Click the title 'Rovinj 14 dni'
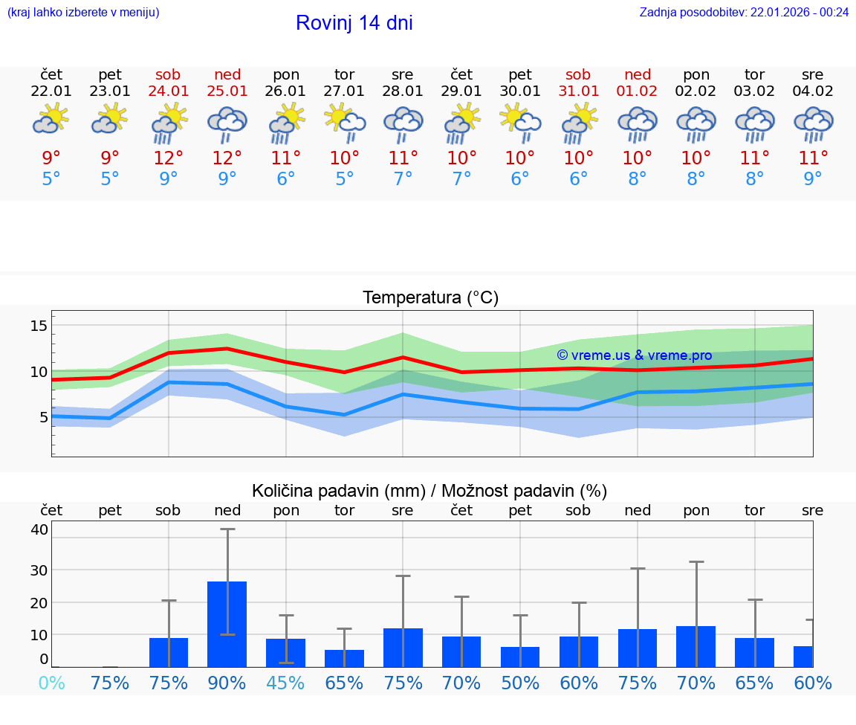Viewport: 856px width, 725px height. coord(354,23)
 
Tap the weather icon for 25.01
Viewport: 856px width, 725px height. coord(227,124)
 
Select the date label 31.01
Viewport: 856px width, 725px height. coord(578,91)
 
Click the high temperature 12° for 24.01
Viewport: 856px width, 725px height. coord(169,158)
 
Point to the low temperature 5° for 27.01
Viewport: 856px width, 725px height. coord(344,178)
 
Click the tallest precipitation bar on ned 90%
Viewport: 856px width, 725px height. coord(227,624)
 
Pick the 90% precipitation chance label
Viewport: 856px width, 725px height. coord(227,683)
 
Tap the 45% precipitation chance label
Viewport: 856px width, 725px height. coord(286,683)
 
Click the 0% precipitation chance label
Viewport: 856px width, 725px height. coord(51,683)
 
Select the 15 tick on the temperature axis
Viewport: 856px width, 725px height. coord(39,325)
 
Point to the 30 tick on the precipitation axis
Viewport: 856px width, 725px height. coord(39,570)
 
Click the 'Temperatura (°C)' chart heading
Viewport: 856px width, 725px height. coord(430,298)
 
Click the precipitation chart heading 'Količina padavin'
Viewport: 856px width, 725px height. coord(429,491)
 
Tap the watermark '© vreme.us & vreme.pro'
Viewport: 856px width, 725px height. coord(634,355)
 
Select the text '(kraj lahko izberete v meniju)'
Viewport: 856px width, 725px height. coord(83,12)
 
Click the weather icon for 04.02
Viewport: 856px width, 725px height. coord(813,124)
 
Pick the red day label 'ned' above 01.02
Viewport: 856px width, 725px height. coord(638,74)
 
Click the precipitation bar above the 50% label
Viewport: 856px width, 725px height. coord(520,657)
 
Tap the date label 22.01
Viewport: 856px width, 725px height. coord(51,91)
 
